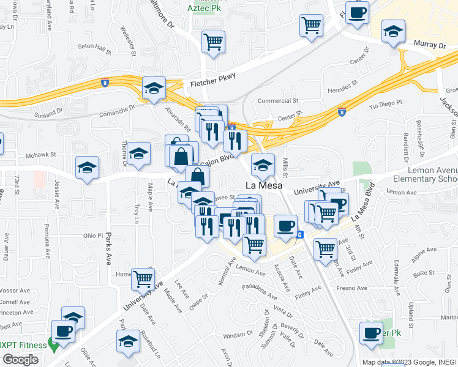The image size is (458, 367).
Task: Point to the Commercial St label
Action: click(277, 101)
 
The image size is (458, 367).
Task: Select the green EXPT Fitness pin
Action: click(54, 346)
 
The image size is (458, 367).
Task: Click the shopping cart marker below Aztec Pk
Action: click(213, 43)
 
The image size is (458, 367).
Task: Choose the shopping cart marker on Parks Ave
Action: click(143, 279)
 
